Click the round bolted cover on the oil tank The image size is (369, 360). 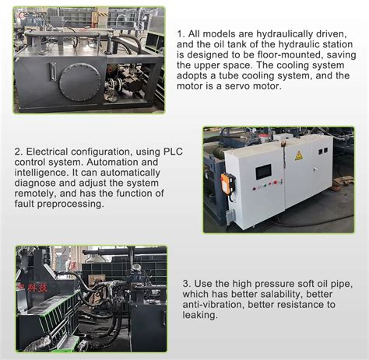79,82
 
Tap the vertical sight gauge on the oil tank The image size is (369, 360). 52,72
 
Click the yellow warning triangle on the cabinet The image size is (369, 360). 299,156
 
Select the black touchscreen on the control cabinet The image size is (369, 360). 263,171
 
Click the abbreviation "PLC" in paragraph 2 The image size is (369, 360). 173,152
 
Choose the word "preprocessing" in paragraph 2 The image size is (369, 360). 70,204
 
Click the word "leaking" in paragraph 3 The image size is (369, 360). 199,316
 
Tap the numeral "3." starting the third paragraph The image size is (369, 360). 186,284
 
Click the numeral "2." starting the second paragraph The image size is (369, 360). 19,152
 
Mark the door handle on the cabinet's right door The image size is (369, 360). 315,170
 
